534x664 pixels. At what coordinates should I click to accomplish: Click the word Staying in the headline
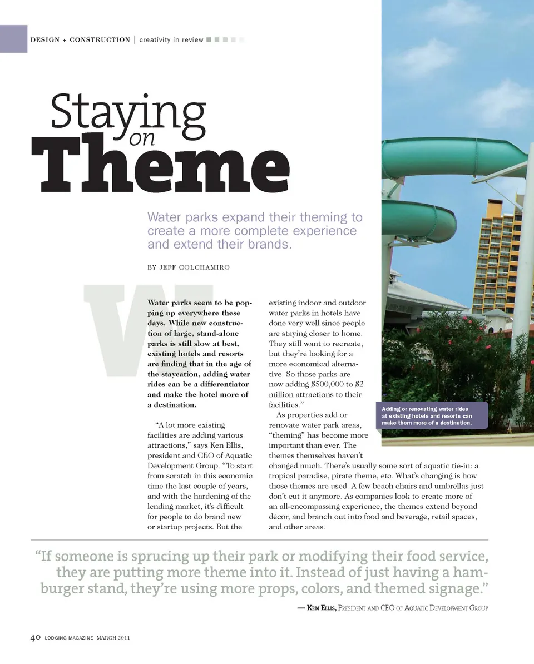tap(128, 112)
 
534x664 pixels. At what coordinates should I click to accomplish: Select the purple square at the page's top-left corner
tap(13, 39)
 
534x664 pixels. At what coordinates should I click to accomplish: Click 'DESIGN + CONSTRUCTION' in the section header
tap(80, 40)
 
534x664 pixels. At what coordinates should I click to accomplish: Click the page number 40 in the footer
tap(34, 638)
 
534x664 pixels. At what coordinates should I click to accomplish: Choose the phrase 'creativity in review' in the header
tap(171, 40)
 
